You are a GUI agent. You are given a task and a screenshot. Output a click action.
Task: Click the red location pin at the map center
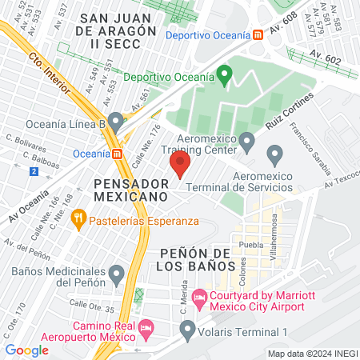[179, 165]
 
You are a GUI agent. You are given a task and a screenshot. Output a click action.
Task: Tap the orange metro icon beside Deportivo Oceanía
[258, 34]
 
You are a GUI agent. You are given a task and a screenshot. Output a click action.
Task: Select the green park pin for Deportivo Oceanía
[226, 76]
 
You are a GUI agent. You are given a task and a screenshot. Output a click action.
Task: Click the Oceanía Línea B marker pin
[117, 122]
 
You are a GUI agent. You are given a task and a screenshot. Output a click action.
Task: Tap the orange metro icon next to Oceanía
[118, 153]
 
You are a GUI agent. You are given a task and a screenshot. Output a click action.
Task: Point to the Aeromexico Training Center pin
[247, 142]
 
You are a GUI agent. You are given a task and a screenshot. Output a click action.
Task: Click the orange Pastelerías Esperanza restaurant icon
[78, 216]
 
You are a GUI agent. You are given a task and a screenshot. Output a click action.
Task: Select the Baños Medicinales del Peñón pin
[117, 274]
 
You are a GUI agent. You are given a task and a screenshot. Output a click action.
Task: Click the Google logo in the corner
[26, 350]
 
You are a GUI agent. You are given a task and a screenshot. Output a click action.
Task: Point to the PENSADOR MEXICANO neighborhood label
[131, 189]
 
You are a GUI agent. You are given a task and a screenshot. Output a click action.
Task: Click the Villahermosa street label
[273, 233]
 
